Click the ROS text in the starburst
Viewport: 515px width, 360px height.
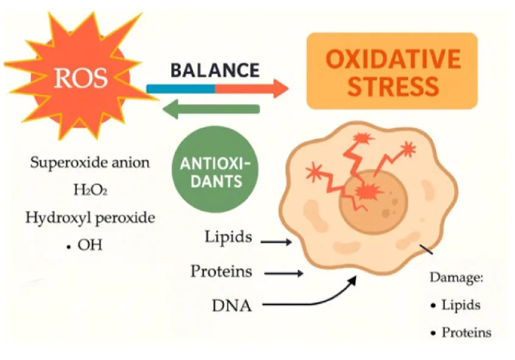(x=81, y=78)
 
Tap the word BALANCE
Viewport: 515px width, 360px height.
(x=215, y=71)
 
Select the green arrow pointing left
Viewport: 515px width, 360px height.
(x=211, y=109)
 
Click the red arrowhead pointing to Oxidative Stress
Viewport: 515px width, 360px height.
(x=281, y=88)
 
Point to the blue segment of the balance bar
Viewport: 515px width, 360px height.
(x=181, y=89)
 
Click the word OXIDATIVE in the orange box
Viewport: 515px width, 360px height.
(x=393, y=59)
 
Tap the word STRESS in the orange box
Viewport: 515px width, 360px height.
(x=393, y=86)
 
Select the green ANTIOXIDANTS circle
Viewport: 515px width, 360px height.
(x=215, y=169)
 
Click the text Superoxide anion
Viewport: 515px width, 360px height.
(x=89, y=163)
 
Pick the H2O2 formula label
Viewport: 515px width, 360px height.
(x=90, y=189)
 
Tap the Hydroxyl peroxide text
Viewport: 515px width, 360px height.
(x=90, y=217)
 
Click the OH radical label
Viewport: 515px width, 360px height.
(x=85, y=245)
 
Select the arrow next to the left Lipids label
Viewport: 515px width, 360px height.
(x=276, y=242)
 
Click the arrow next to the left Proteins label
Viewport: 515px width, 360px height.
(x=284, y=274)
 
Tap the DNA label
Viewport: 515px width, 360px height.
(x=232, y=305)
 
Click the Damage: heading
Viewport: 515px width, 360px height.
(x=457, y=278)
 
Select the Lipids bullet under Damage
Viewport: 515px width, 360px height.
(x=456, y=305)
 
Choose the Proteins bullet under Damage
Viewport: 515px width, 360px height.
(x=461, y=333)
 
